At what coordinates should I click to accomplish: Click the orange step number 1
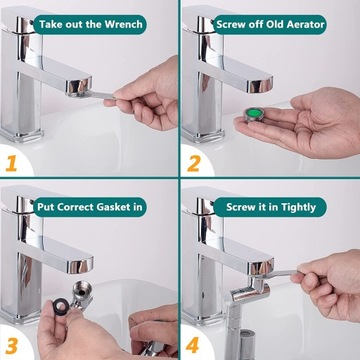pyautogui.click(x=11, y=164)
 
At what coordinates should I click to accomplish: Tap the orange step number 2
pyautogui.click(x=194, y=164)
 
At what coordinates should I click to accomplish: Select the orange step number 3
pyautogui.click(x=12, y=346)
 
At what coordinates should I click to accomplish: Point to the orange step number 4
pyautogui.click(x=193, y=345)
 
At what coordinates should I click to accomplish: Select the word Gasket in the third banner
pyautogui.click(x=113, y=207)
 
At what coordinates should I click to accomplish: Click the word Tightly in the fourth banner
pyautogui.click(x=299, y=207)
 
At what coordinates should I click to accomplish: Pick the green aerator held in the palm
pyautogui.click(x=253, y=115)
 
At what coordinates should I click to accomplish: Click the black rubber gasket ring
pyautogui.click(x=61, y=306)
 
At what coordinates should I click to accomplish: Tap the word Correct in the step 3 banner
pyautogui.click(x=76, y=207)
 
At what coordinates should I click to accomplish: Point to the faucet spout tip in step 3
pyautogui.click(x=80, y=264)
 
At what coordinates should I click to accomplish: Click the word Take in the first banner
pyautogui.click(x=49, y=24)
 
